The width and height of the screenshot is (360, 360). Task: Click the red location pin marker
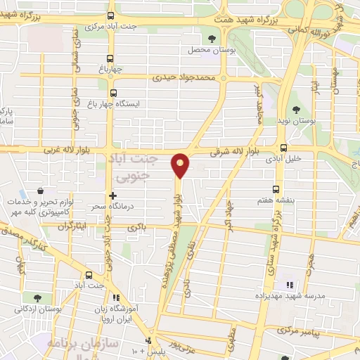click(181, 165)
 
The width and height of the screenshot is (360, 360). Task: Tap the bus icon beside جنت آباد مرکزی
click(110, 16)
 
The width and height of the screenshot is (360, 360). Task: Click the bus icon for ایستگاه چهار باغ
click(112, 92)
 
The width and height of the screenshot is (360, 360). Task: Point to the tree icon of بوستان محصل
click(212, 39)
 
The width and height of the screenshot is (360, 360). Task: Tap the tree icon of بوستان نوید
click(296, 109)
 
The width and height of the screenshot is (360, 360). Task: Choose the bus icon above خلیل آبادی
click(283, 148)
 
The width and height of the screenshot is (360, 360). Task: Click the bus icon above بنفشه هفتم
click(275, 188)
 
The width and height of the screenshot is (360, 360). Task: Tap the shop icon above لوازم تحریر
click(41, 190)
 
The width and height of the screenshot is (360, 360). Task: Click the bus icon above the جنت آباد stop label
click(89, 275)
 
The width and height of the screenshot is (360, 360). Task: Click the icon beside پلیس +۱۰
click(148, 341)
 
